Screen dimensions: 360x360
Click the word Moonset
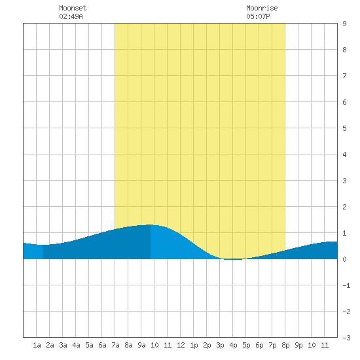click(73, 8)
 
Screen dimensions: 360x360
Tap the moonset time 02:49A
click(71, 16)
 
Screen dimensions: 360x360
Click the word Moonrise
click(262, 8)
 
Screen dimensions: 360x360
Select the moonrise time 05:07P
click(258, 16)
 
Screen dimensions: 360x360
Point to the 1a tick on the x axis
click(37, 345)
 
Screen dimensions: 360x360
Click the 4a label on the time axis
click(76, 345)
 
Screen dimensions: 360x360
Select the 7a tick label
click(115, 345)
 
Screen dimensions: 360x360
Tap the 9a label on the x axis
click(141, 345)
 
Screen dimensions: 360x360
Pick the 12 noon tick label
click(181, 345)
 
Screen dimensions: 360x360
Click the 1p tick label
click(194, 345)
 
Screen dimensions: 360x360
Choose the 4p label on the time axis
click(233, 345)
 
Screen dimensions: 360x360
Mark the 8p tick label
click(285, 345)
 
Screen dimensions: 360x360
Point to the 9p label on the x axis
click(298, 345)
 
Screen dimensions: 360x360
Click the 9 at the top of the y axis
click(344, 24)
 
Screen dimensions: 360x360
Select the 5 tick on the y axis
click(344, 128)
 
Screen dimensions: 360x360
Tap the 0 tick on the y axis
click(344, 259)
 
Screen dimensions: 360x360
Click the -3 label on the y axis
click(346, 338)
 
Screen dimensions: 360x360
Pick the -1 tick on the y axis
click(346, 285)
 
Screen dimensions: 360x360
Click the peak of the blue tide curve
click(149, 225)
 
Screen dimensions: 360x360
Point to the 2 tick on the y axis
click(344, 207)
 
